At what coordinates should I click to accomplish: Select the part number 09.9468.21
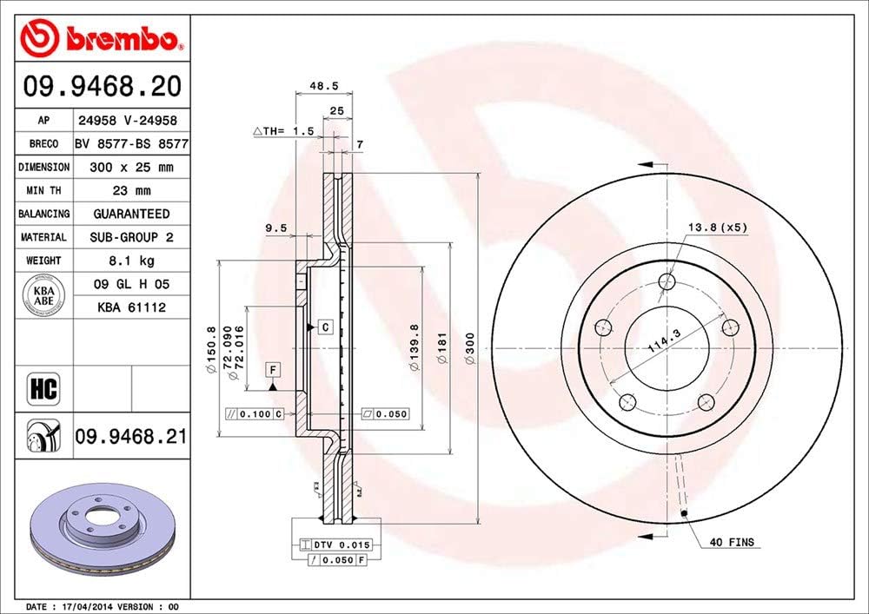[130, 436]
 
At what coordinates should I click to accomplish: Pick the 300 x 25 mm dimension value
[131, 167]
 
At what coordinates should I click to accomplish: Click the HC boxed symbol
[43, 389]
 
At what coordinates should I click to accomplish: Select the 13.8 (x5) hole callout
[718, 227]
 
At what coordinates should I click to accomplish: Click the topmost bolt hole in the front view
[667, 281]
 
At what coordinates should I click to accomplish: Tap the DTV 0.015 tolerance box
[335, 545]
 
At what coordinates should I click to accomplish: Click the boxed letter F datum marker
[273, 369]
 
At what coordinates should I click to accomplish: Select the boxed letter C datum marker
[324, 327]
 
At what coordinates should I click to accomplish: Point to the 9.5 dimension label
[275, 229]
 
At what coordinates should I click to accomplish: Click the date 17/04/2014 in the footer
[87, 605]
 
